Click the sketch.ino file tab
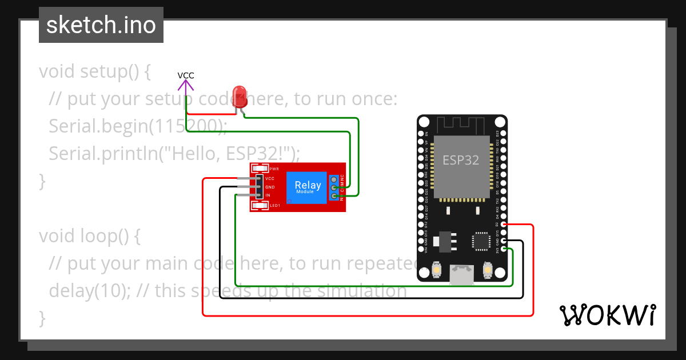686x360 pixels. click(101, 25)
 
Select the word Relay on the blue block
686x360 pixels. click(308, 185)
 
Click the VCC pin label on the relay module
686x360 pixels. click(270, 178)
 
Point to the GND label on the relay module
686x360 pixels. click(270, 187)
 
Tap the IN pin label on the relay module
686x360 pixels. click(268, 195)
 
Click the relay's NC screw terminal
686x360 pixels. click(334, 178)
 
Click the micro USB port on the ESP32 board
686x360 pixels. click(461, 275)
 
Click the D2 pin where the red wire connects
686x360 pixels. click(503, 225)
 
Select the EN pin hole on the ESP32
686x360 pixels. click(422, 134)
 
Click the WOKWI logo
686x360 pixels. click(607, 315)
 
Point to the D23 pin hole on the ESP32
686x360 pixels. click(503, 134)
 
